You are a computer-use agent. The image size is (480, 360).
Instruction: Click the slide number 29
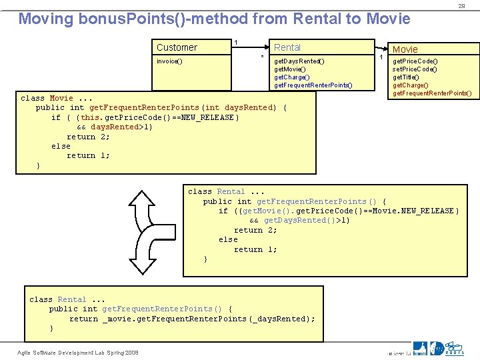(x=461, y=5)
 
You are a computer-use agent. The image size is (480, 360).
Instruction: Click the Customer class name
(x=177, y=47)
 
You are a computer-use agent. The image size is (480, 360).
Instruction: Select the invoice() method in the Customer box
(x=169, y=61)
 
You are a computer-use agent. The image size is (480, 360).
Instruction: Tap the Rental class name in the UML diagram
(x=287, y=47)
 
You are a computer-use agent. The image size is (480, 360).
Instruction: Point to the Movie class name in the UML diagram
(x=405, y=49)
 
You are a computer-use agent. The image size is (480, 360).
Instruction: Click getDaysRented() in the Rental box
(x=299, y=61)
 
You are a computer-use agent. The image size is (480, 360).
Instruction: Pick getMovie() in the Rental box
(x=291, y=69)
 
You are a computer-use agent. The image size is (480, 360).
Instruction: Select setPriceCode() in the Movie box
(x=415, y=69)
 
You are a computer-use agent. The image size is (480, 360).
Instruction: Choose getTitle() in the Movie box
(x=406, y=77)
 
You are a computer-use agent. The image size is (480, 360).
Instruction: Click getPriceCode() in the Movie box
(x=415, y=61)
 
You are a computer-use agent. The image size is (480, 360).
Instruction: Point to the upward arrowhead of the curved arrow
(x=142, y=199)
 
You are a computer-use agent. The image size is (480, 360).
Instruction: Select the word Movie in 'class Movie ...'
(x=61, y=98)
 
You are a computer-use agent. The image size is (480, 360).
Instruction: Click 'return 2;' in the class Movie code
(x=88, y=137)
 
